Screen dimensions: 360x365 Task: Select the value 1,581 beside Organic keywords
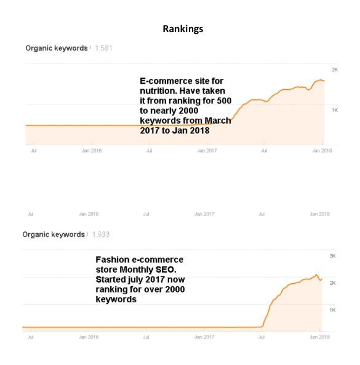(103, 48)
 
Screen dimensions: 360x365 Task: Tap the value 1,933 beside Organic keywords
(101, 235)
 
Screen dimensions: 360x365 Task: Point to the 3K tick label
(333, 255)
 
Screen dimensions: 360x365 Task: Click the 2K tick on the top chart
(335, 70)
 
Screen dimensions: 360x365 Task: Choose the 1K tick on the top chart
(335, 110)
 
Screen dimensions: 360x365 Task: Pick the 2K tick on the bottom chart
(333, 283)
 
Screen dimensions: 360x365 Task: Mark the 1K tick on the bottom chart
(333, 310)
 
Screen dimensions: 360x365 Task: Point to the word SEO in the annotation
(166, 270)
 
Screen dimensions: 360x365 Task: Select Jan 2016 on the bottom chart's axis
(89, 337)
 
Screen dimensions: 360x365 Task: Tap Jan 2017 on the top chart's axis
(207, 151)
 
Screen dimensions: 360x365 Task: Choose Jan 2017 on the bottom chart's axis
(204, 337)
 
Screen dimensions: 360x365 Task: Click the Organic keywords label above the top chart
(56, 48)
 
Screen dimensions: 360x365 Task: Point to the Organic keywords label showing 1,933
(54, 235)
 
